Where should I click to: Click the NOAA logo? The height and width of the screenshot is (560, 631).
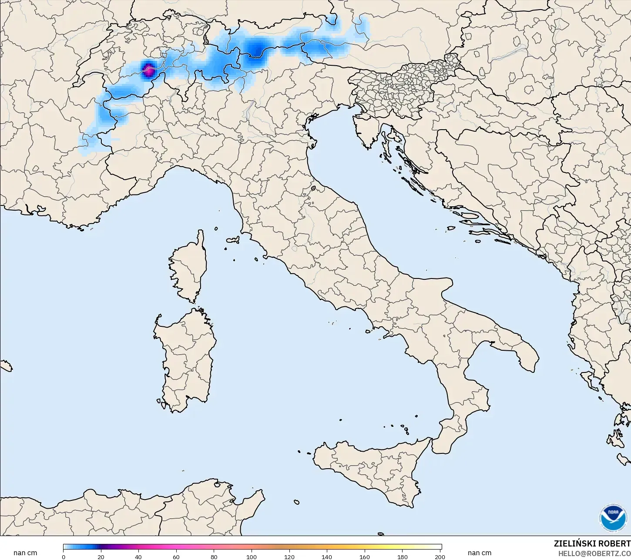pyautogui.click(x=613, y=518)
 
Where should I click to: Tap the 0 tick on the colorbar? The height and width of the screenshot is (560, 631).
pyautogui.click(x=64, y=557)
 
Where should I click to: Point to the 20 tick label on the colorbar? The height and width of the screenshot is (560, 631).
pyautogui.click(x=101, y=557)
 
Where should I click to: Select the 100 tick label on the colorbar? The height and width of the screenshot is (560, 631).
pyautogui.click(x=252, y=557)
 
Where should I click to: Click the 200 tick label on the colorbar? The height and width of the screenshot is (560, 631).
pyautogui.click(x=440, y=557)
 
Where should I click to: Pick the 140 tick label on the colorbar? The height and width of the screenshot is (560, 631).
pyautogui.click(x=327, y=557)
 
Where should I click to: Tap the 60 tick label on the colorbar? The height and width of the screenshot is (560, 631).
pyautogui.click(x=176, y=557)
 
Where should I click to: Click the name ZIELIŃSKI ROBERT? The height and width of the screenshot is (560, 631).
pyautogui.click(x=592, y=543)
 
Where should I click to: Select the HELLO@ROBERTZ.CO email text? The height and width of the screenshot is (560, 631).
pyautogui.click(x=594, y=553)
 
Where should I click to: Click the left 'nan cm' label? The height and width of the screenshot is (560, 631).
pyautogui.click(x=25, y=553)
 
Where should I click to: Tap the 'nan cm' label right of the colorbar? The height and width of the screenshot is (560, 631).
pyautogui.click(x=480, y=553)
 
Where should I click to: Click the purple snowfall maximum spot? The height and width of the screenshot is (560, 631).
pyautogui.click(x=148, y=69)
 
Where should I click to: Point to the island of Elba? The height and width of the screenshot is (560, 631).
pyautogui.click(x=233, y=240)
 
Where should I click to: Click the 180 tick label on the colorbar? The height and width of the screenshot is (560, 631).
pyautogui.click(x=403, y=557)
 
